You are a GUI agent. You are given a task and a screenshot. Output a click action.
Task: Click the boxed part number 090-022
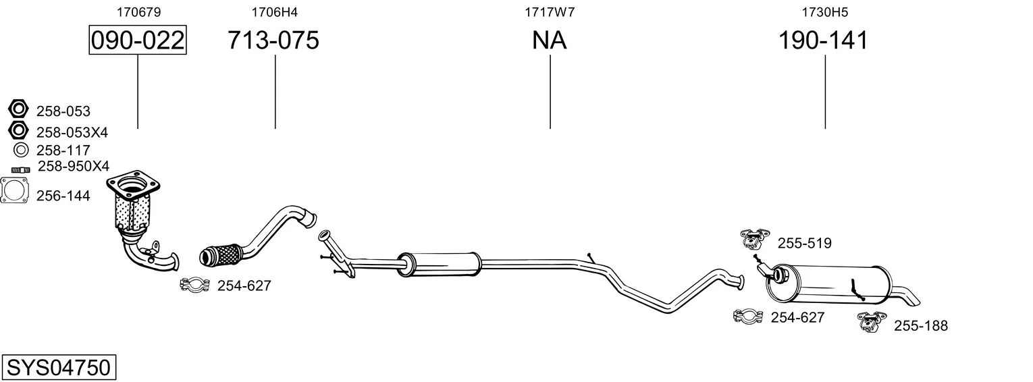(x=138, y=40)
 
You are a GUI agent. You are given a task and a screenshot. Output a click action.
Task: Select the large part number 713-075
(x=273, y=40)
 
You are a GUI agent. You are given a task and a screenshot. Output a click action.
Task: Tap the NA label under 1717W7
(x=549, y=40)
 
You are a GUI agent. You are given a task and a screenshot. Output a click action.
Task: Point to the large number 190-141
(x=823, y=40)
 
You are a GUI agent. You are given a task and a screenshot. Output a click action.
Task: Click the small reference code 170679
(x=138, y=12)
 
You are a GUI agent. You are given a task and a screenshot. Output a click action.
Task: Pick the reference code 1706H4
(x=274, y=12)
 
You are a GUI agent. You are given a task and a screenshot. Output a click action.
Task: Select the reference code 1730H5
(x=824, y=12)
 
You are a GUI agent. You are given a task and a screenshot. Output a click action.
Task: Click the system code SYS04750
(x=59, y=368)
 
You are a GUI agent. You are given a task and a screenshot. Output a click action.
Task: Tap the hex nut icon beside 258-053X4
(x=18, y=130)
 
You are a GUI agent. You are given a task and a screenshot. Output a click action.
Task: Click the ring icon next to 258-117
(x=21, y=150)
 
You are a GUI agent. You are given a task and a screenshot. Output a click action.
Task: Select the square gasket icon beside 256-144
(x=14, y=190)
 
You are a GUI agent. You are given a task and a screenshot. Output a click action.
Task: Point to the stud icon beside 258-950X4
(x=20, y=169)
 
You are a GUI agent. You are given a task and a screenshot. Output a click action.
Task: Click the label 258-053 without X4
(x=63, y=111)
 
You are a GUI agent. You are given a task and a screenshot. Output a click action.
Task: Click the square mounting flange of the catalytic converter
(x=133, y=186)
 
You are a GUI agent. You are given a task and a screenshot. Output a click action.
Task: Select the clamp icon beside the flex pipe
(x=194, y=285)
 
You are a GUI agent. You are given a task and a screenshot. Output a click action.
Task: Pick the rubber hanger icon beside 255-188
(x=872, y=322)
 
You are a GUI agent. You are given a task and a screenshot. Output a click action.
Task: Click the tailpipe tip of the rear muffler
(x=907, y=296)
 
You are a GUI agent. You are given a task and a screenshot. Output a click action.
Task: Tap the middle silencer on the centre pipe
(x=439, y=265)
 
